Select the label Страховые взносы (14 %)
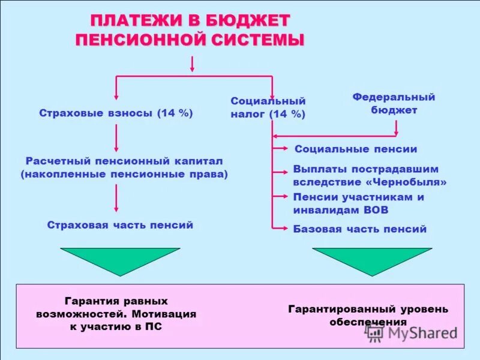point(116,113)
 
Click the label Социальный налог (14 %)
point(268,108)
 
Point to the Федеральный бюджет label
point(394,103)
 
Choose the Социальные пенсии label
point(356,149)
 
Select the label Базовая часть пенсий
point(360,229)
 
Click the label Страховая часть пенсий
point(120,225)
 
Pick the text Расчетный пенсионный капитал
point(124,161)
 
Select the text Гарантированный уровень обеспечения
point(368,316)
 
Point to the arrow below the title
point(191,64)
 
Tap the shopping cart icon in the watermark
point(374,333)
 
